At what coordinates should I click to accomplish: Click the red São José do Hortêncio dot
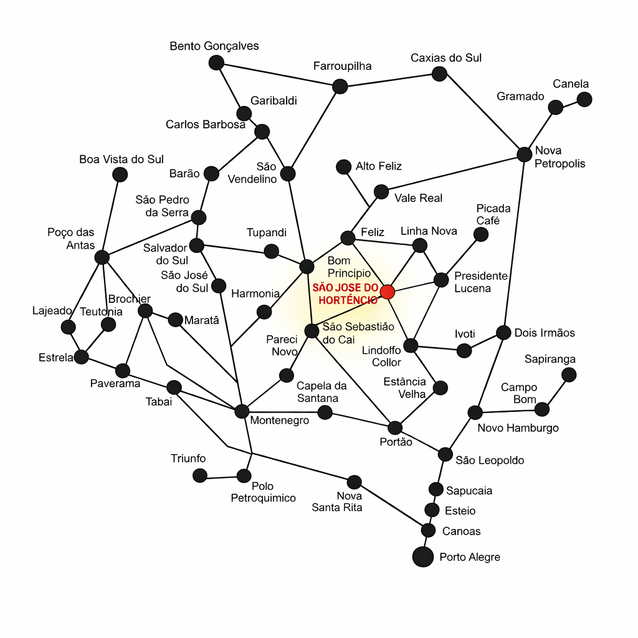[x=388, y=292]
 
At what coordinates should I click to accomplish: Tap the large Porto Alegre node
[x=423, y=556]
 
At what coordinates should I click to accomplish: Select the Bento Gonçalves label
[x=214, y=46]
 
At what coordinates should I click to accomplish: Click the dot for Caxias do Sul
[x=439, y=74]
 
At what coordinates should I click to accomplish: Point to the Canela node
[x=584, y=99]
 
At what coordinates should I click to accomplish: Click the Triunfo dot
[x=200, y=475]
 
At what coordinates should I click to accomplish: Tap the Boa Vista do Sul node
[x=120, y=174]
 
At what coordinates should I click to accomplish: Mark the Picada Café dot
[x=481, y=234]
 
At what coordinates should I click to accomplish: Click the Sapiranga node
[x=569, y=374]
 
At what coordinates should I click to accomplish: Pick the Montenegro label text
[x=279, y=421]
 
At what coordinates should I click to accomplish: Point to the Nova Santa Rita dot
[x=354, y=482]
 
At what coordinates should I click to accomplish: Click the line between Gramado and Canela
[x=570, y=103]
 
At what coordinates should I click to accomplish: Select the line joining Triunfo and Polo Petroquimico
[x=222, y=477]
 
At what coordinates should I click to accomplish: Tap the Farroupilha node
[x=340, y=86]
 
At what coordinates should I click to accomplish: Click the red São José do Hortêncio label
[x=345, y=293]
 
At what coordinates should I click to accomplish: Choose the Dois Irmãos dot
[x=503, y=332]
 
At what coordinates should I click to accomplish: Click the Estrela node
[x=81, y=357]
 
